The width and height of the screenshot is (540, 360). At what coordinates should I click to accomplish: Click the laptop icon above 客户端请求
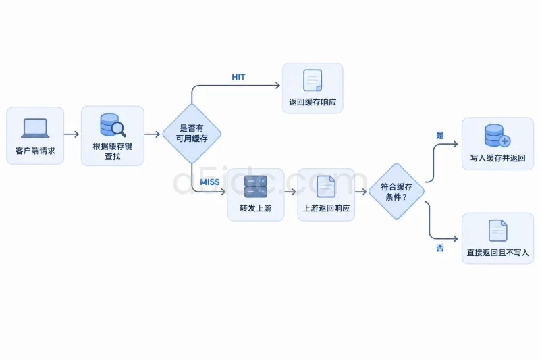coord(35,128)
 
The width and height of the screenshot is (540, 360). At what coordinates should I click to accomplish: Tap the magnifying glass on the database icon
coord(119,130)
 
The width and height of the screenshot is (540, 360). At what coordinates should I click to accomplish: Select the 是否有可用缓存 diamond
coord(192,134)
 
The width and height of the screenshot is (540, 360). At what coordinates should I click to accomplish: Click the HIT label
coord(238,77)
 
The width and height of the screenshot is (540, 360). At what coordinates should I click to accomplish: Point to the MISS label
coord(210,182)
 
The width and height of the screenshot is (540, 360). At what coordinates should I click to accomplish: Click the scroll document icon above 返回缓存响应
coord(313,80)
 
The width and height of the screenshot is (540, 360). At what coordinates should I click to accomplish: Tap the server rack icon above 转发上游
coord(256,186)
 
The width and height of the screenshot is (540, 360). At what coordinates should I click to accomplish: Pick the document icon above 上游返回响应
coord(326,186)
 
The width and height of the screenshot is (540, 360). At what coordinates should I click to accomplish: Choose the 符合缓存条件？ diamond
coord(396,192)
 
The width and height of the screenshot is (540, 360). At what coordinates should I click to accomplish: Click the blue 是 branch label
coord(440,135)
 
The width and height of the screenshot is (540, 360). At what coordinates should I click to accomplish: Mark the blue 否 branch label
coord(440,248)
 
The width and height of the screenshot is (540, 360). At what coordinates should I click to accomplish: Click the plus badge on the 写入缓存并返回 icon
coord(505,141)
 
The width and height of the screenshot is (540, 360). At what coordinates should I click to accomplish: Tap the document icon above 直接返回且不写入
coord(498,230)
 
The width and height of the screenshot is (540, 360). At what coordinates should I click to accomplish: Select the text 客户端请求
coord(35,151)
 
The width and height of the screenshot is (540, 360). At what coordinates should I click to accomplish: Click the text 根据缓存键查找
coord(113,151)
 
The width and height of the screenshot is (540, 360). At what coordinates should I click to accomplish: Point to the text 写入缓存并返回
coord(498,158)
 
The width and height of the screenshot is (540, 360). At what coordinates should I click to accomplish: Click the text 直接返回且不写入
coord(498,253)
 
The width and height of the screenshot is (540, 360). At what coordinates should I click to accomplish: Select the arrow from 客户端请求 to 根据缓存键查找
coord(72,134)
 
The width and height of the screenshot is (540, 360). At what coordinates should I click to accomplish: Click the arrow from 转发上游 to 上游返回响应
coord(290,192)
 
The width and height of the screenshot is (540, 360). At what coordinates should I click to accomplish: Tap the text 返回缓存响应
coord(313,102)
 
